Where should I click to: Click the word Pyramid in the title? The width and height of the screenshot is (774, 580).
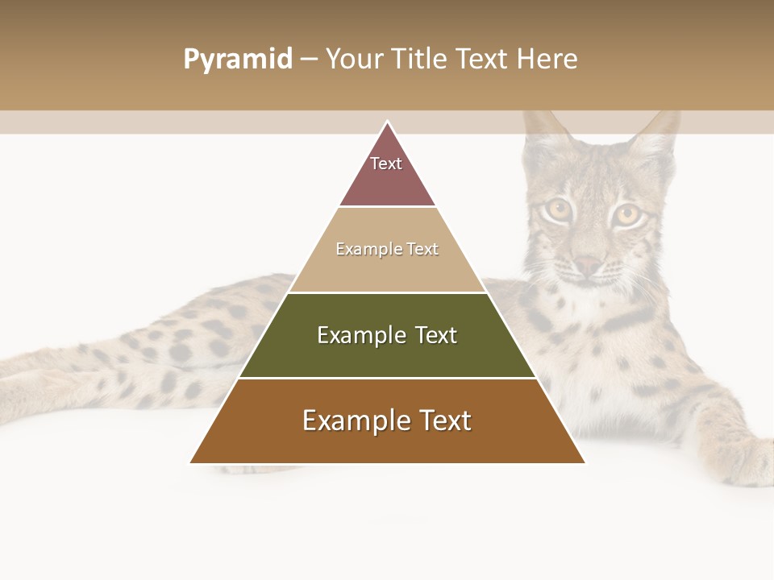238,60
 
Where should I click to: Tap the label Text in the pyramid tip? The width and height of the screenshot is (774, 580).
386,164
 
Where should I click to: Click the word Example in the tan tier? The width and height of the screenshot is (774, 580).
361,249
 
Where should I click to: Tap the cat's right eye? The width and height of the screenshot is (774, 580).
626,215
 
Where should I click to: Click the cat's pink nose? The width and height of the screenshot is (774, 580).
588,265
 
